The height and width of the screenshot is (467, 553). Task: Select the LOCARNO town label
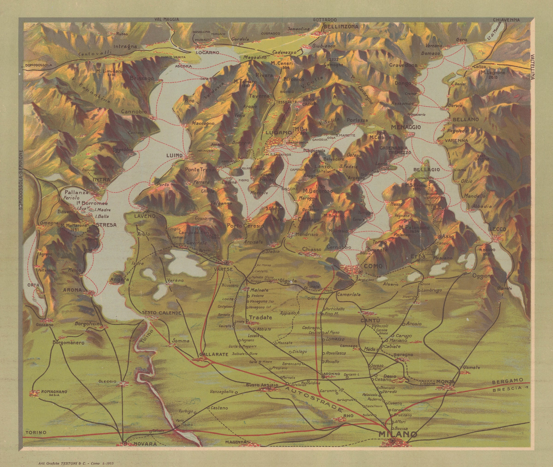[208, 52]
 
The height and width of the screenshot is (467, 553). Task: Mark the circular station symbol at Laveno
[147, 211]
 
